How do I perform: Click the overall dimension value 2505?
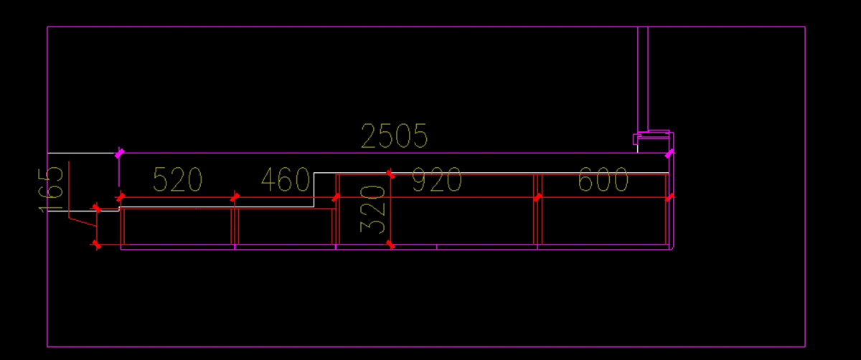click(x=394, y=136)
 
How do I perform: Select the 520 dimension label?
click(x=177, y=180)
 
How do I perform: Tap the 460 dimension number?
click(x=285, y=180)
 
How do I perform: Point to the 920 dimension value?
click(x=436, y=181)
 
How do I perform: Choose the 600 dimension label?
click(x=603, y=181)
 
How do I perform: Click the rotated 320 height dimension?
click(x=373, y=209)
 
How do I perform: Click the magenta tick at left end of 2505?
click(x=119, y=153)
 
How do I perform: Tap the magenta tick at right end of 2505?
click(x=669, y=153)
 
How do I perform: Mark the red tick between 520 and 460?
click(x=235, y=197)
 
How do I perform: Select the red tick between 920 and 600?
click(x=537, y=197)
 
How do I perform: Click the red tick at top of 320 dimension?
click(x=390, y=174)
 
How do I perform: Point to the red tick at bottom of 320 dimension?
click(x=390, y=245)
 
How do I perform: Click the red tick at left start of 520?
click(x=120, y=197)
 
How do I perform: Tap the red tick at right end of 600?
click(x=669, y=197)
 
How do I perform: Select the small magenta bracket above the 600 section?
click(x=651, y=137)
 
